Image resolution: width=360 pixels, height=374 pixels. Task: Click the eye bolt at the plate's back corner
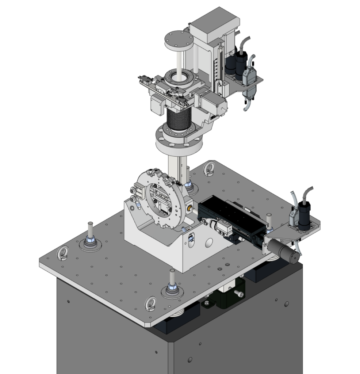(x=210, y=169)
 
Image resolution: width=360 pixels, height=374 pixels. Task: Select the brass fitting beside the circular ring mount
(x=189, y=208)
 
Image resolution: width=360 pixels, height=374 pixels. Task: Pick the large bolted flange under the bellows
(x=179, y=139)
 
